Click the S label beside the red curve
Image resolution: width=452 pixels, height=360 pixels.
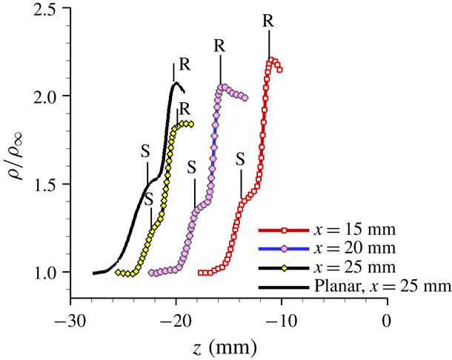(x=240, y=159)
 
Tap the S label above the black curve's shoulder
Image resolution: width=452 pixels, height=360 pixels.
(x=145, y=149)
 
